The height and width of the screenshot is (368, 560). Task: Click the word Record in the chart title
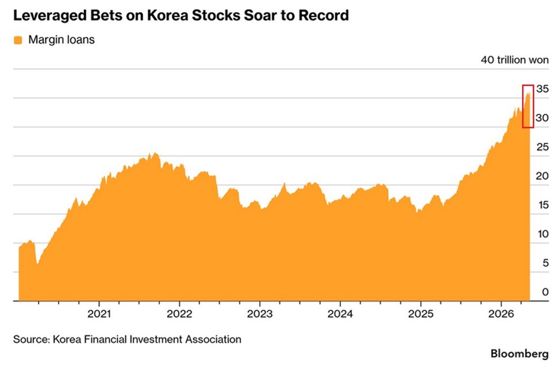click(323, 16)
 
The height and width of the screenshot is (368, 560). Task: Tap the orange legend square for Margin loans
click(18, 40)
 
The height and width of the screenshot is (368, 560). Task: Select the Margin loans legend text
click(62, 40)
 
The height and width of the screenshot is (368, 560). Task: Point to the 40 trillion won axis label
click(515, 60)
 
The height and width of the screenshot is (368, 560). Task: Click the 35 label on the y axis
click(542, 89)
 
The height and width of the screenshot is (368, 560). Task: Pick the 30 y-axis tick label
click(542, 118)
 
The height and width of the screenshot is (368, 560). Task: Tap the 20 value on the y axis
click(542, 176)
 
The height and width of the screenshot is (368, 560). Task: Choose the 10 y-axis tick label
click(543, 234)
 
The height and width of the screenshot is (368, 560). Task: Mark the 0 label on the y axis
click(546, 292)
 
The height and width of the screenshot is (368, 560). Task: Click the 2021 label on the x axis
click(99, 314)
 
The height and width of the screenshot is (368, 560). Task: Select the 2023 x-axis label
click(260, 314)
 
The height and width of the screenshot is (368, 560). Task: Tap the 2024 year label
click(340, 314)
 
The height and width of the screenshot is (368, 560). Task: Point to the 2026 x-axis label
click(501, 314)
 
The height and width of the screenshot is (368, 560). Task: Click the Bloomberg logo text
click(519, 354)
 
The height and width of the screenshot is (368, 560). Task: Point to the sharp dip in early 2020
click(37, 263)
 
